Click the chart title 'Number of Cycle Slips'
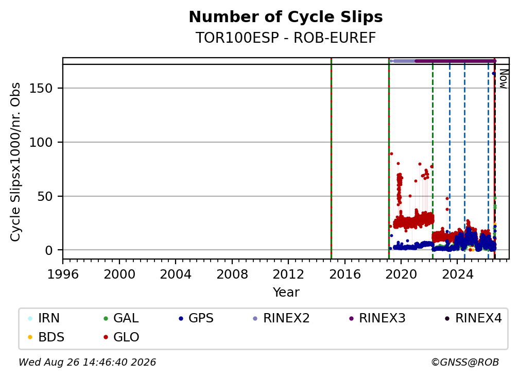286,17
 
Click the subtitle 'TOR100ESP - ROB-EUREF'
286,38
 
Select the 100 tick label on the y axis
41,142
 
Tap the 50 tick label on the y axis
45,196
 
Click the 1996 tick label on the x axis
63,274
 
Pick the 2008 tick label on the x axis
232,274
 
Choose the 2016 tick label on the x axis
345,274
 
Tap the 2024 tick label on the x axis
457,274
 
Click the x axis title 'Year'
286,293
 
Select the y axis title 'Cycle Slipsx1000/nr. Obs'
15,162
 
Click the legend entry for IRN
44,318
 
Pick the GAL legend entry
121,318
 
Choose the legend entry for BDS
46,337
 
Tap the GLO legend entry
122,337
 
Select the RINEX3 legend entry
377,318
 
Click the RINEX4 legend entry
473,318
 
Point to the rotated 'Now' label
503,79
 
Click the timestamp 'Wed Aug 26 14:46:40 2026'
87,363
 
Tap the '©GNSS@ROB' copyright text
465,363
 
